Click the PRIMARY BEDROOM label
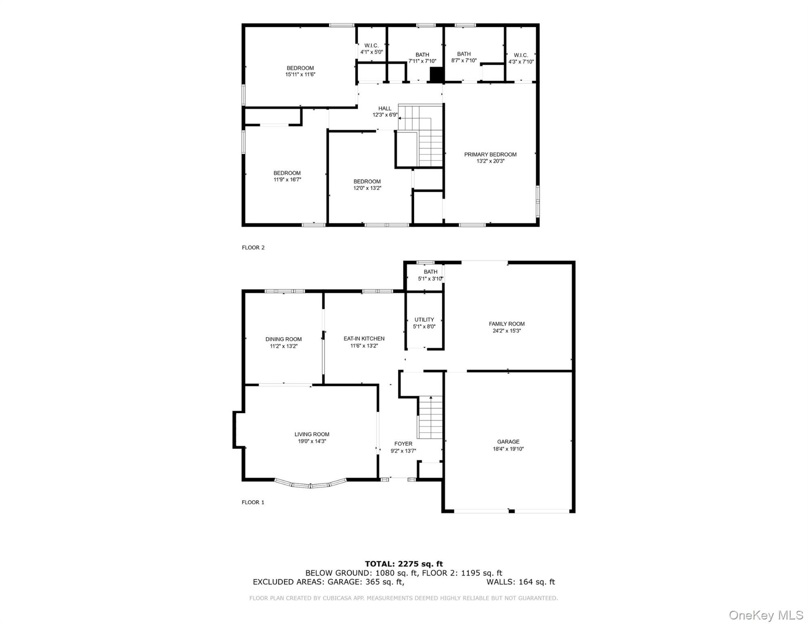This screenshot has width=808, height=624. [x=490, y=154]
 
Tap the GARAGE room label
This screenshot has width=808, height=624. [x=508, y=442]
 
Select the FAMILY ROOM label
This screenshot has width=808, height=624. [x=506, y=324]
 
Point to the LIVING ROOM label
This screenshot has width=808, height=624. [x=312, y=434]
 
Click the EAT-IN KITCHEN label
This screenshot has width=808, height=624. [x=364, y=338]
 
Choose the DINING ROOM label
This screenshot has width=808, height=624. [x=283, y=339]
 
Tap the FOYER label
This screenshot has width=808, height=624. [x=403, y=444]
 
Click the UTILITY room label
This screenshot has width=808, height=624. [x=424, y=320]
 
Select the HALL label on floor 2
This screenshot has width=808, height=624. [x=384, y=108]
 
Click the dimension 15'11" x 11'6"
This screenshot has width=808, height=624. [x=300, y=74]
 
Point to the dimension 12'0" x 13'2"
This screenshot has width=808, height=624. [x=367, y=188]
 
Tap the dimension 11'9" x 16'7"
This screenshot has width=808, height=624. [x=287, y=180]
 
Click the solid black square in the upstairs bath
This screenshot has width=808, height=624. [x=436, y=74]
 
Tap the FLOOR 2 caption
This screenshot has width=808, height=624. [x=253, y=247]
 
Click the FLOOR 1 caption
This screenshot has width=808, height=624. [x=253, y=502]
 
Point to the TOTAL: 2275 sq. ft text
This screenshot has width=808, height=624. [x=404, y=563]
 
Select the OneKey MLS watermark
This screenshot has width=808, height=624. [x=766, y=615]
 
